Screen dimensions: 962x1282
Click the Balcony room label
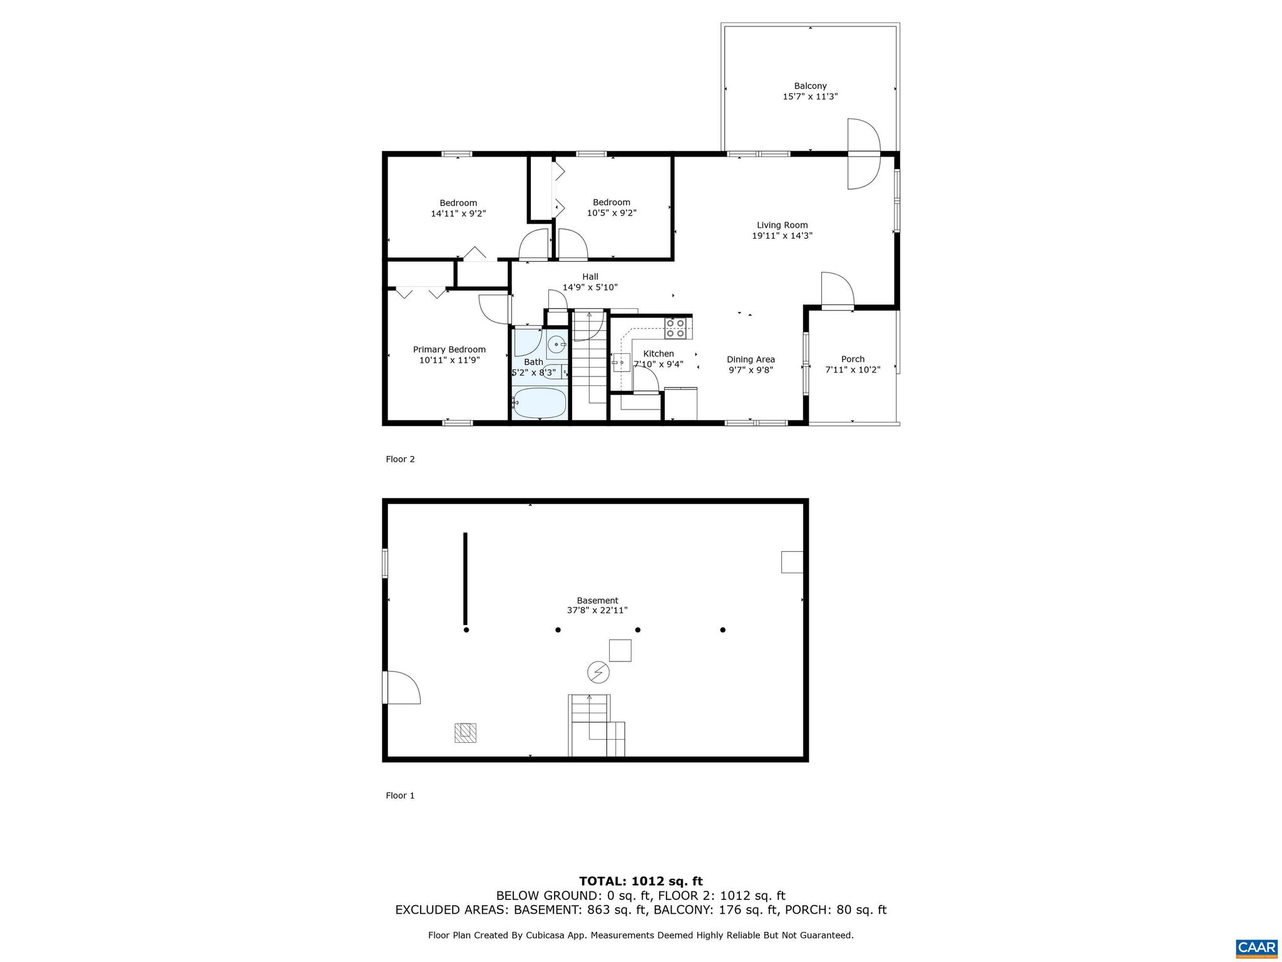(x=810, y=86)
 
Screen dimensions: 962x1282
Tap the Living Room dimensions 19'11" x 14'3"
(x=782, y=236)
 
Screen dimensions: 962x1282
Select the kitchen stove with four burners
(x=675, y=329)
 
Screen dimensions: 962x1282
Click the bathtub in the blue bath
(x=539, y=403)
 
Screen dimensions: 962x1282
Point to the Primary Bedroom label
(x=449, y=349)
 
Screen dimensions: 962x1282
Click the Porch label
(x=853, y=359)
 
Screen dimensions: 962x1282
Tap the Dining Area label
(x=751, y=359)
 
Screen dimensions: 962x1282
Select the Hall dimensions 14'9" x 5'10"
(x=590, y=287)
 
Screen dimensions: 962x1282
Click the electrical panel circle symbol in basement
(x=598, y=673)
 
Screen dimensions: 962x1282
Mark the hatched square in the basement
(x=465, y=733)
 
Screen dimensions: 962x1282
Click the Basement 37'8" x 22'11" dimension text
(x=597, y=610)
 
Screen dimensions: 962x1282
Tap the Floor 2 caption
(x=400, y=459)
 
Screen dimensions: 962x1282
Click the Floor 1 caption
(x=400, y=795)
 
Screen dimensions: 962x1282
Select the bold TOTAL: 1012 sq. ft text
(x=640, y=882)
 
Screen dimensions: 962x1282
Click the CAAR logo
(x=1256, y=946)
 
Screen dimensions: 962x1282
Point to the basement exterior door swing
(x=402, y=688)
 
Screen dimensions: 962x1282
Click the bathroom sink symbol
(x=556, y=344)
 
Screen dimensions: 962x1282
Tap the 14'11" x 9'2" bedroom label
(x=458, y=214)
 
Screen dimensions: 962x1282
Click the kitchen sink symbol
(x=621, y=363)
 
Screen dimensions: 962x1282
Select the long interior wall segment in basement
(x=465, y=579)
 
